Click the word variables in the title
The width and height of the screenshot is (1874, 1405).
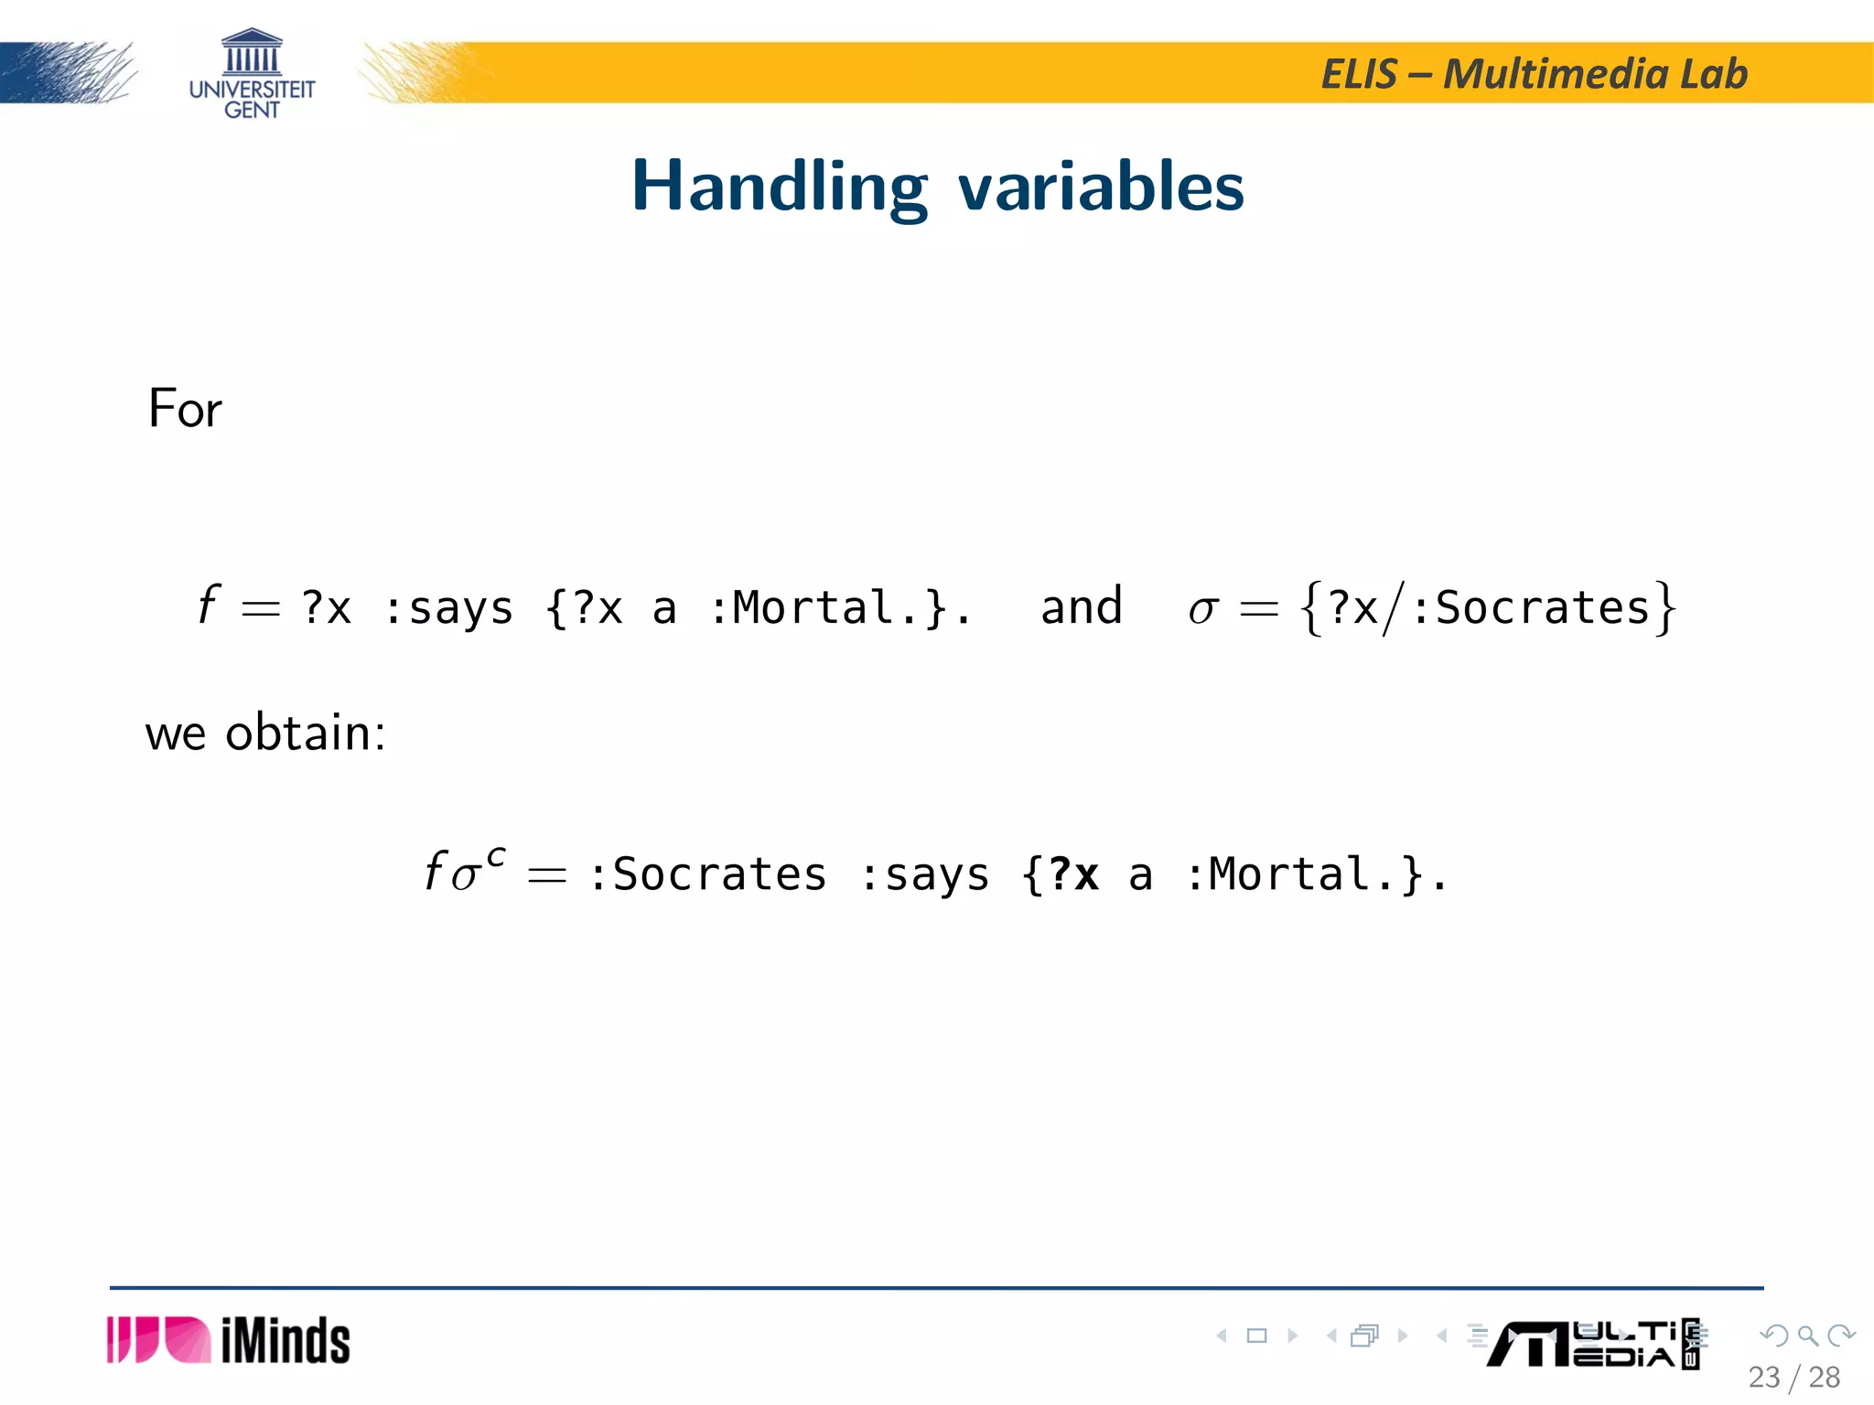pos(1101,188)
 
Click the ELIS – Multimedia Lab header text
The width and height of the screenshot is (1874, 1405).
pos(1534,74)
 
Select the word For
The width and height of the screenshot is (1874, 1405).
pos(185,409)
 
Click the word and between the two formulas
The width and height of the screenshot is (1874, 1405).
pos(1081,607)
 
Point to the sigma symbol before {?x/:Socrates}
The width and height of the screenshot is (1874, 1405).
pos(1202,609)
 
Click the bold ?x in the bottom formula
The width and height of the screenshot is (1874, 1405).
pos(1073,874)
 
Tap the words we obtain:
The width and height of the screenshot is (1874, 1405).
pos(265,733)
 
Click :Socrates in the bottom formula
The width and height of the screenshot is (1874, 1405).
pos(707,874)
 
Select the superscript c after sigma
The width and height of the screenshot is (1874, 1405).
pos(495,856)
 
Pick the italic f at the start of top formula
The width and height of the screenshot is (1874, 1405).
pos(209,606)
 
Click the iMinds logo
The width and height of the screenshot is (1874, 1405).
pos(229,1340)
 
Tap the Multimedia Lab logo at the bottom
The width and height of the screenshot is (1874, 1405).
pos(1592,1345)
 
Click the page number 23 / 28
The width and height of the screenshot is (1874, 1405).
pos(1793,1377)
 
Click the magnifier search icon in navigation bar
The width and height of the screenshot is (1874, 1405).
pos(1807,1335)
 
